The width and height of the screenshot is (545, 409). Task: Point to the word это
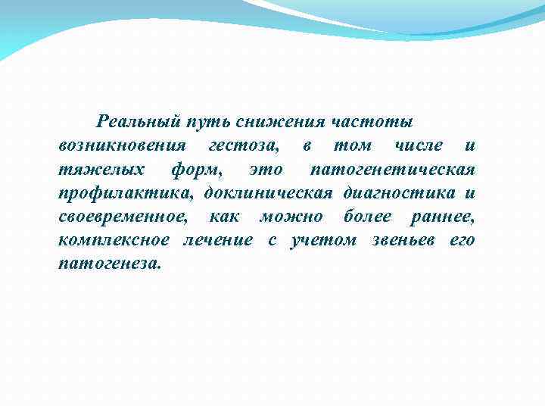[266, 168]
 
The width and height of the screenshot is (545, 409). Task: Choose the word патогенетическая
[393, 168]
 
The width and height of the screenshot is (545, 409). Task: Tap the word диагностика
[400, 192]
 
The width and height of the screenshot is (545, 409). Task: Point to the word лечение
[219, 241]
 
